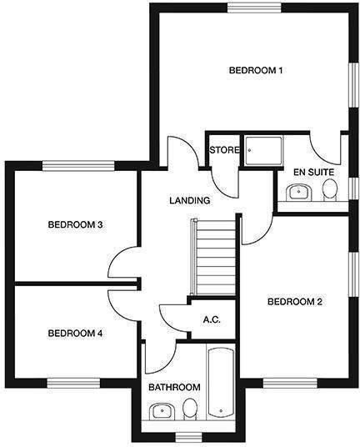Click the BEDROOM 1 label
[256, 71]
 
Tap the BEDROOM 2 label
[294, 302]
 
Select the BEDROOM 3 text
[75, 224]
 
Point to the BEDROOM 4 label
[75, 334]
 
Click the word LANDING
[189, 201]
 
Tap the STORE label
[224, 151]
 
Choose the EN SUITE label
[313, 172]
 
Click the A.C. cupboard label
[212, 320]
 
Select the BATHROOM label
[174, 388]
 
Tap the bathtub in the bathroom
[221, 384]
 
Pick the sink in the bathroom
[161, 411]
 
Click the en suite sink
[297, 193]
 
